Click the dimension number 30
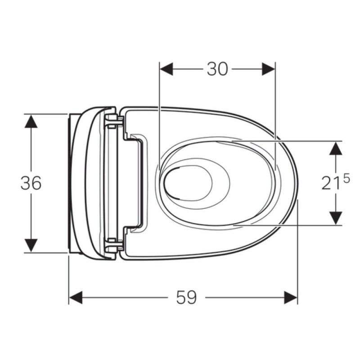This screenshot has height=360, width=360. (217, 69)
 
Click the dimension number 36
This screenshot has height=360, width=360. (31, 183)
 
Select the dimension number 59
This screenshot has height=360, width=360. (186, 297)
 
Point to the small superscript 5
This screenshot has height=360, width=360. (346, 178)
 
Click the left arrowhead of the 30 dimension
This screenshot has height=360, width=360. (166, 69)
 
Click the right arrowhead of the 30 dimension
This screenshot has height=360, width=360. (268, 69)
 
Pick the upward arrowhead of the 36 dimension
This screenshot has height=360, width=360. (31, 121)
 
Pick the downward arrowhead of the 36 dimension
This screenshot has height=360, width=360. (31, 245)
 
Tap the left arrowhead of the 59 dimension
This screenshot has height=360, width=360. (76, 297)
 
